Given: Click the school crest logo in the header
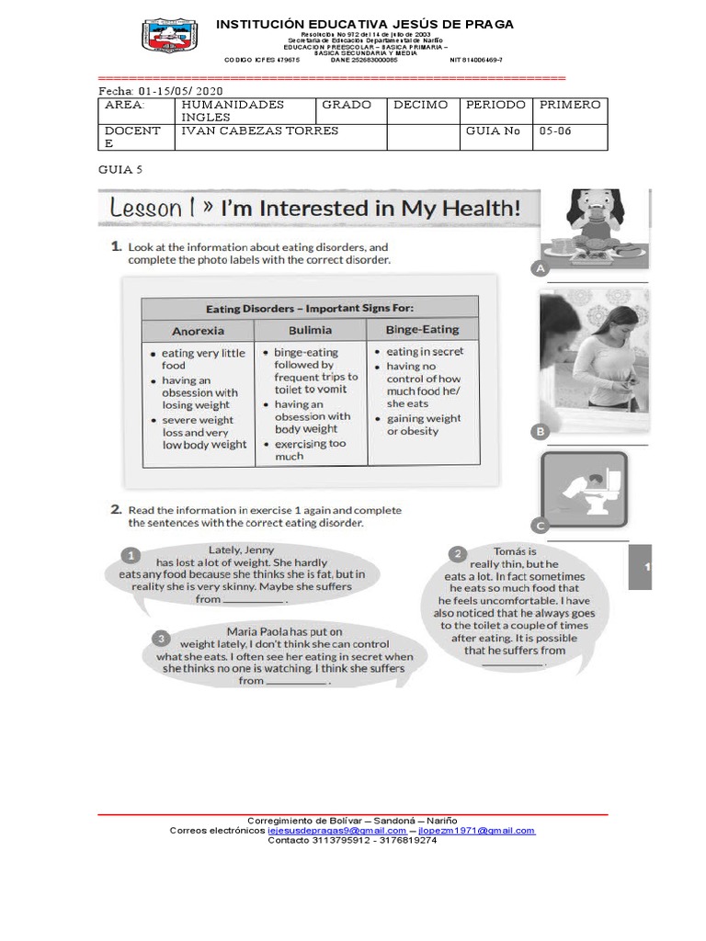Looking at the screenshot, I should [169, 37].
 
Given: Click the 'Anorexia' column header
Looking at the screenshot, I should [198, 330].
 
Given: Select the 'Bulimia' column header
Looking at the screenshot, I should [310, 329].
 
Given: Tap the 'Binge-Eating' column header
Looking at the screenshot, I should [422, 328].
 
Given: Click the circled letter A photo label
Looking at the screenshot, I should [539, 268].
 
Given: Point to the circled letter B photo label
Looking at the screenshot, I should [541, 431].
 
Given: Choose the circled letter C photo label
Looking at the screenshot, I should [541, 525].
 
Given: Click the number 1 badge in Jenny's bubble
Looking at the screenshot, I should [131, 555].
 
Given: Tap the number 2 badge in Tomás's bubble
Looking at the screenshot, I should [457, 553].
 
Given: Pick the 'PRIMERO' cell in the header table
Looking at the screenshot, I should [570, 105].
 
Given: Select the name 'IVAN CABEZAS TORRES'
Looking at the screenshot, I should [260, 130].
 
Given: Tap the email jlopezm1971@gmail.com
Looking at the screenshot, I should [476, 830].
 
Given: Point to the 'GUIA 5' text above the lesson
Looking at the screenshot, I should [120, 170].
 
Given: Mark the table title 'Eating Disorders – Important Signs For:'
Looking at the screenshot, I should [310, 308].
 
